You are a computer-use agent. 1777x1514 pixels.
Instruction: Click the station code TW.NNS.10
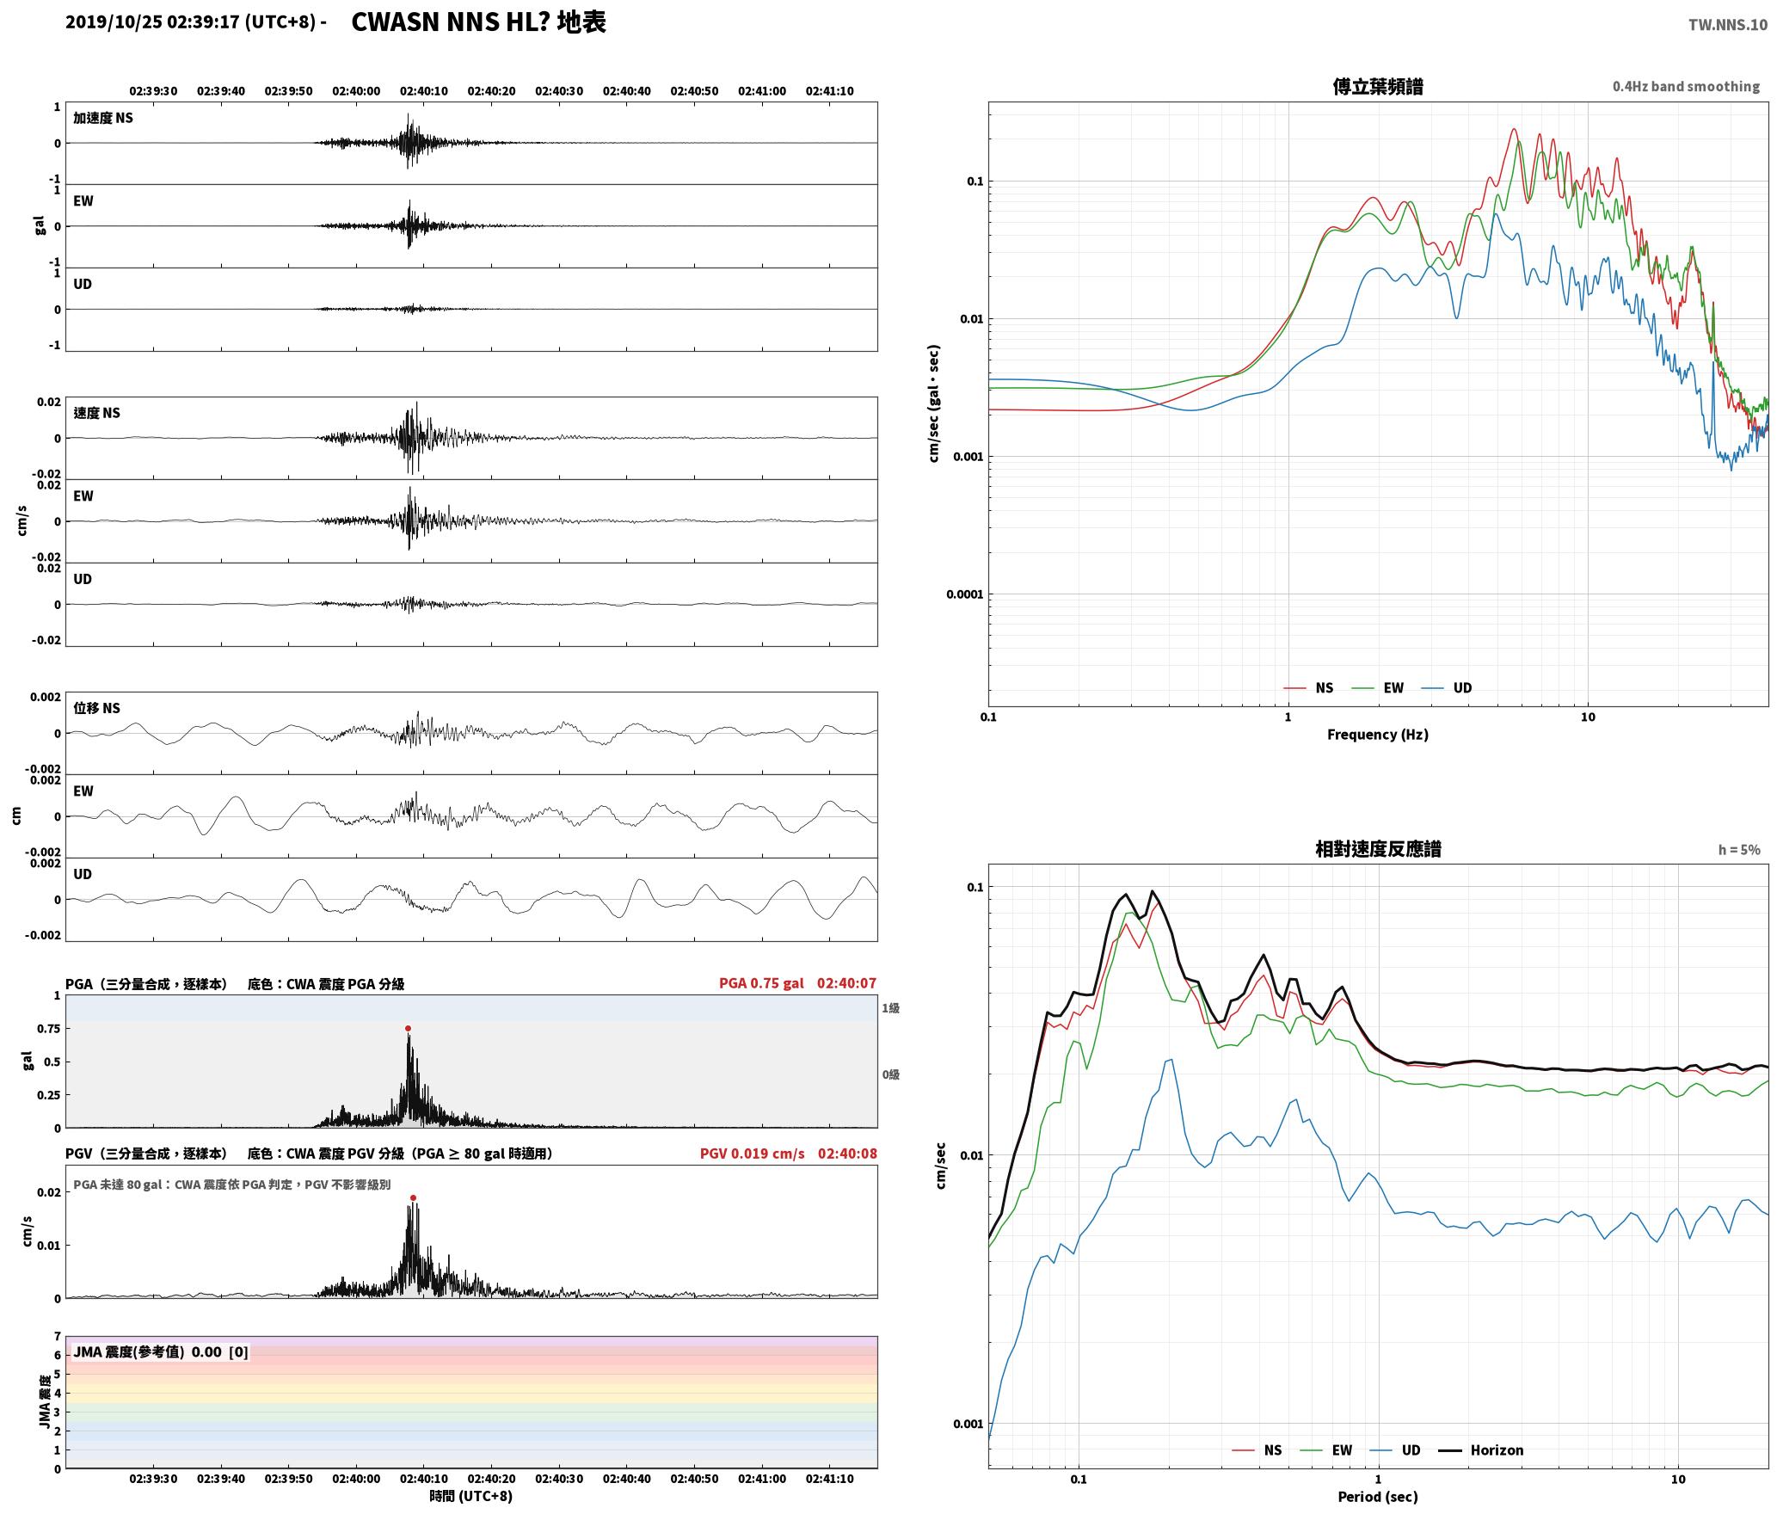pos(1727,24)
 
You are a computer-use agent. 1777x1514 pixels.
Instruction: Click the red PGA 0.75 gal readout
pos(761,983)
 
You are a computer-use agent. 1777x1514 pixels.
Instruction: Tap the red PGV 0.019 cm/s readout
pos(752,1154)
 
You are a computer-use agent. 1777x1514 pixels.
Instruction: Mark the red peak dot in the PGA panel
pos(408,1028)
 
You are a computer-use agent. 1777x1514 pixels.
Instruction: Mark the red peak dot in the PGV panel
pos(413,1197)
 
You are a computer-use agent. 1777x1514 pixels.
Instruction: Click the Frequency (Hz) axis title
pos(1377,734)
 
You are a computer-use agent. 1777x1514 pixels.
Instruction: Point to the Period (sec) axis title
pos(1377,1497)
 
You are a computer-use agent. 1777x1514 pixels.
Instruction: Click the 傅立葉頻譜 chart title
pos(1377,86)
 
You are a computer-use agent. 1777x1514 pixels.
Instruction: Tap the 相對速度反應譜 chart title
pos(1378,849)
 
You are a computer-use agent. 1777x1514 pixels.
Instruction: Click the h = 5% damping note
pos(1739,850)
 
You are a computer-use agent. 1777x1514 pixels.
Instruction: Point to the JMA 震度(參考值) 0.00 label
pos(147,1351)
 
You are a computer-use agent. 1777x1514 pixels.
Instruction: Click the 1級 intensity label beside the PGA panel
pos(890,1007)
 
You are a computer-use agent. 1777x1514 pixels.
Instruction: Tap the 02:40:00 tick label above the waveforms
pos(356,90)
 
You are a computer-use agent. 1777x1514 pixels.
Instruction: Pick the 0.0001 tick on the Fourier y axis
pos(963,594)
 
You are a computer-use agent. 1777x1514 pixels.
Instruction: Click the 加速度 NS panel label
pos(103,118)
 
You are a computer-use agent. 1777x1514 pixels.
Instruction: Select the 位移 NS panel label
pos(96,708)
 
